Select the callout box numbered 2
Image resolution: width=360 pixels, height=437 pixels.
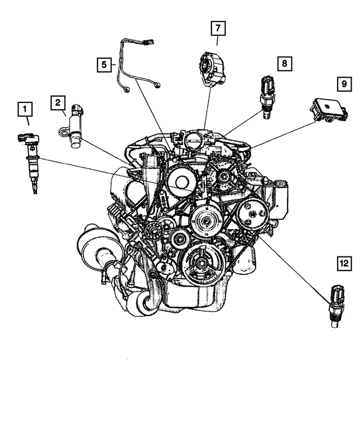tap(57, 102)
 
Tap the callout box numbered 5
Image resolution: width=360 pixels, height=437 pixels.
tap(103, 65)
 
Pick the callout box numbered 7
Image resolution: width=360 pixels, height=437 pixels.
tap(218, 27)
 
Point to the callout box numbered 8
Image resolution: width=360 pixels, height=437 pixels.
tap(284, 64)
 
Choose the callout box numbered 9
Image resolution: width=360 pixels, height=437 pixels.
tap(343, 84)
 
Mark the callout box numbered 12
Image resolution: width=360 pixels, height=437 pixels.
tap(343, 262)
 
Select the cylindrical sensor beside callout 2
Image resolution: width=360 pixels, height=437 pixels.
tap(74, 128)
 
